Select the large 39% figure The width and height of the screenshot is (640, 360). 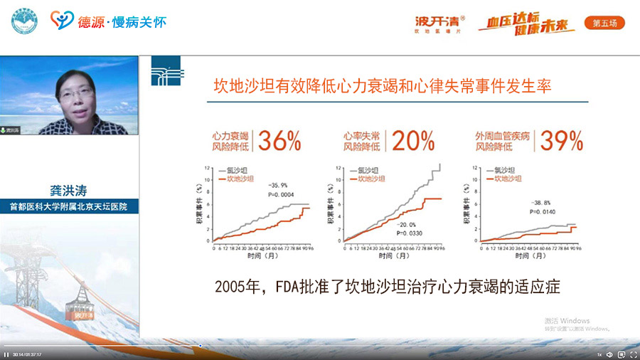562,141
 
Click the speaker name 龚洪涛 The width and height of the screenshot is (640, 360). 69,191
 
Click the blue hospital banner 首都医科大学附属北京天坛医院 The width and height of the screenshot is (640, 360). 70,207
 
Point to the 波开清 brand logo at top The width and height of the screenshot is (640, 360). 435,20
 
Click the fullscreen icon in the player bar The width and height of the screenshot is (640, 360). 633,354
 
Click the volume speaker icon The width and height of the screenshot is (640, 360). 609,354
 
